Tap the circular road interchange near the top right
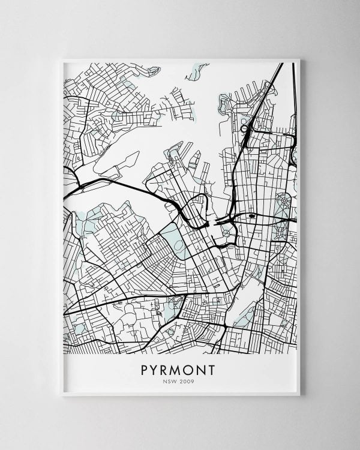pyautogui.click(x=244, y=128)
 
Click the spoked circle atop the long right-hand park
pyautogui.click(x=280, y=199)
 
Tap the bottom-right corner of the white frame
pyautogui.click(x=299, y=395)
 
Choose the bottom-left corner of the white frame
pyautogui.click(x=62, y=395)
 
